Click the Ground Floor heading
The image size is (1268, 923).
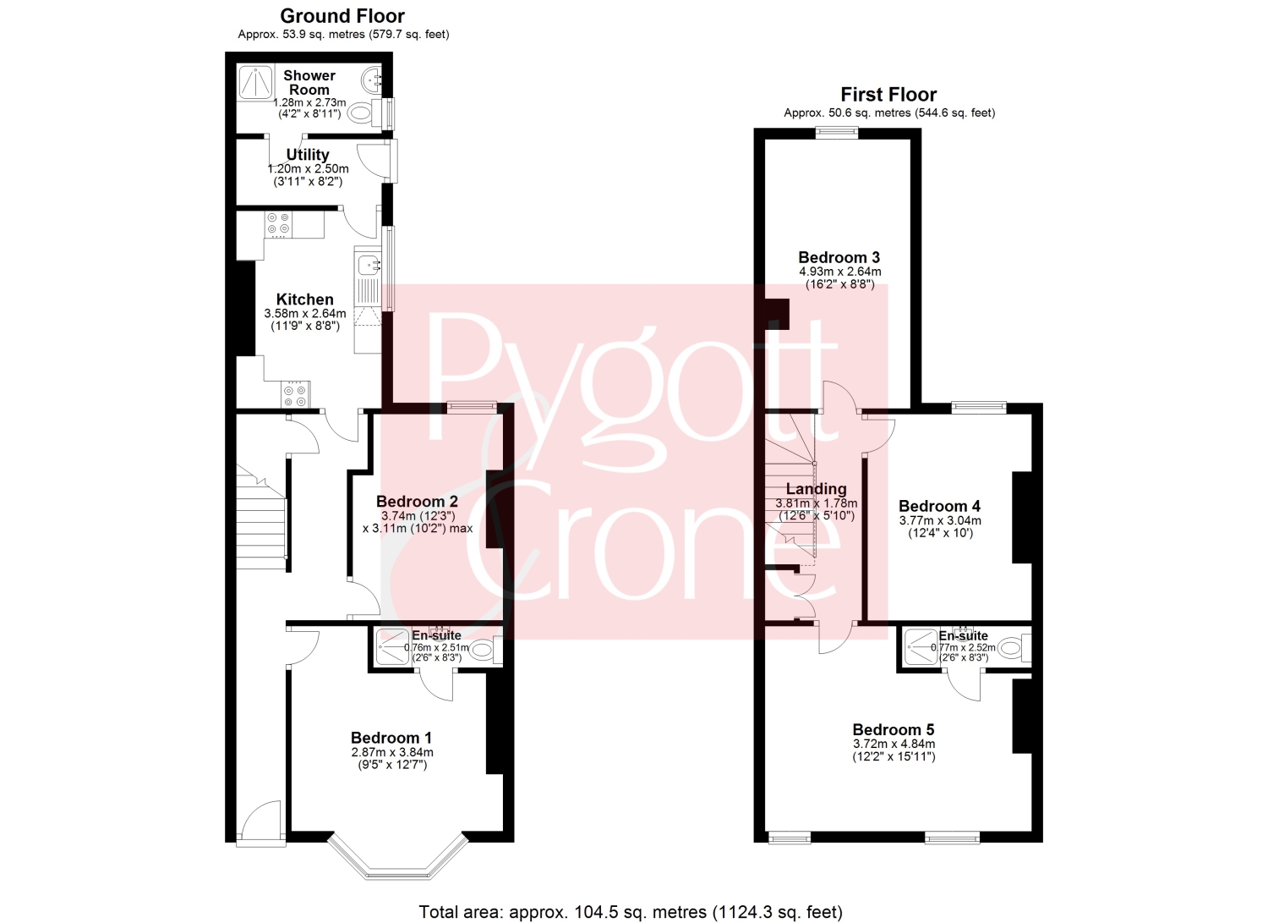click(342, 16)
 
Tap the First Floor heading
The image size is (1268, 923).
click(888, 94)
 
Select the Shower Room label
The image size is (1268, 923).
click(309, 83)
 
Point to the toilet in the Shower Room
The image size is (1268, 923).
click(363, 113)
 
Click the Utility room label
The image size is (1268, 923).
click(308, 155)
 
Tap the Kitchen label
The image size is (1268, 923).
click(304, 299)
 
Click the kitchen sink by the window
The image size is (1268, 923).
click(368, 264)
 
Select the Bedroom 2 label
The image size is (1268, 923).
click(418, 502)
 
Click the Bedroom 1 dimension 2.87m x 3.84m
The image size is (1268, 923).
click(392, 752)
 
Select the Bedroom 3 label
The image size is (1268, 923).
click(839, 258)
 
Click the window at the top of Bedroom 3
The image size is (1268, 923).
click(837, 133)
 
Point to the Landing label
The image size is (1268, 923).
click(817, 489)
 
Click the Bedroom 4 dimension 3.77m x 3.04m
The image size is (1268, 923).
click(940, 520)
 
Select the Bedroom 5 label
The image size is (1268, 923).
click(894, 730)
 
